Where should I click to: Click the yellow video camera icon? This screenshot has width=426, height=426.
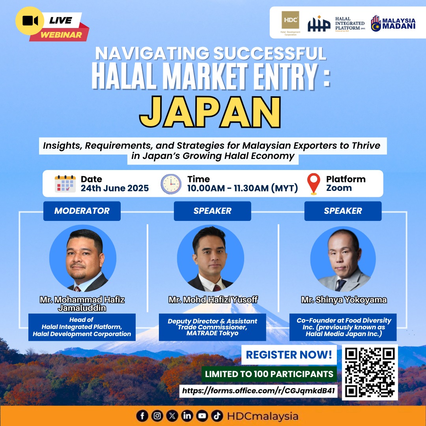tap(30, 21)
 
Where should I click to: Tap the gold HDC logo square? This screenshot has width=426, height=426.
tap(290, 20)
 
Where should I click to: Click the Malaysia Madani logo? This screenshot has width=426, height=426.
tap(393, 23)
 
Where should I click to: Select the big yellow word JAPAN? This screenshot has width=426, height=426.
tap(210, 112)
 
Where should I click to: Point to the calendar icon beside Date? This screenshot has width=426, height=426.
tap(65, 184)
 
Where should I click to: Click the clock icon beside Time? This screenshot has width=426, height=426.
tap(171, 184)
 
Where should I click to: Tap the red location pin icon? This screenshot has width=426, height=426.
tap(314, 184)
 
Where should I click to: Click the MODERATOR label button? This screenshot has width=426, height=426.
tap(82, 211)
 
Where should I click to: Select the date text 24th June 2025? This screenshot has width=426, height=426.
tap(115, 188)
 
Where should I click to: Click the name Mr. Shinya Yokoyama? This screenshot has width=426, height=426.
tap(344, 300)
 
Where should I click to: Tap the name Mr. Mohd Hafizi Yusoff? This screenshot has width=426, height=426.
tap(213, 300)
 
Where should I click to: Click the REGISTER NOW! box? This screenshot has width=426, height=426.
tap(289, 355)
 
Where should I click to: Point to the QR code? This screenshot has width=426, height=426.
tap(370, 372)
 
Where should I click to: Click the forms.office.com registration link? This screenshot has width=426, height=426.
tap(258, 390)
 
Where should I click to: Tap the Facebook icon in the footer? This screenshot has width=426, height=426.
tap(142, 416)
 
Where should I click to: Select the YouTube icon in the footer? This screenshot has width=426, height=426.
tap(202, 416)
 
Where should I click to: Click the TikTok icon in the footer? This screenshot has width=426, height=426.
tap(217, 416)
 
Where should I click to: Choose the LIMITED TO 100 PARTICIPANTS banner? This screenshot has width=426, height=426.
tap(269, 374)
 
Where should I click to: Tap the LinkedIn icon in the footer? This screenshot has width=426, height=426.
tap(187, 416)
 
